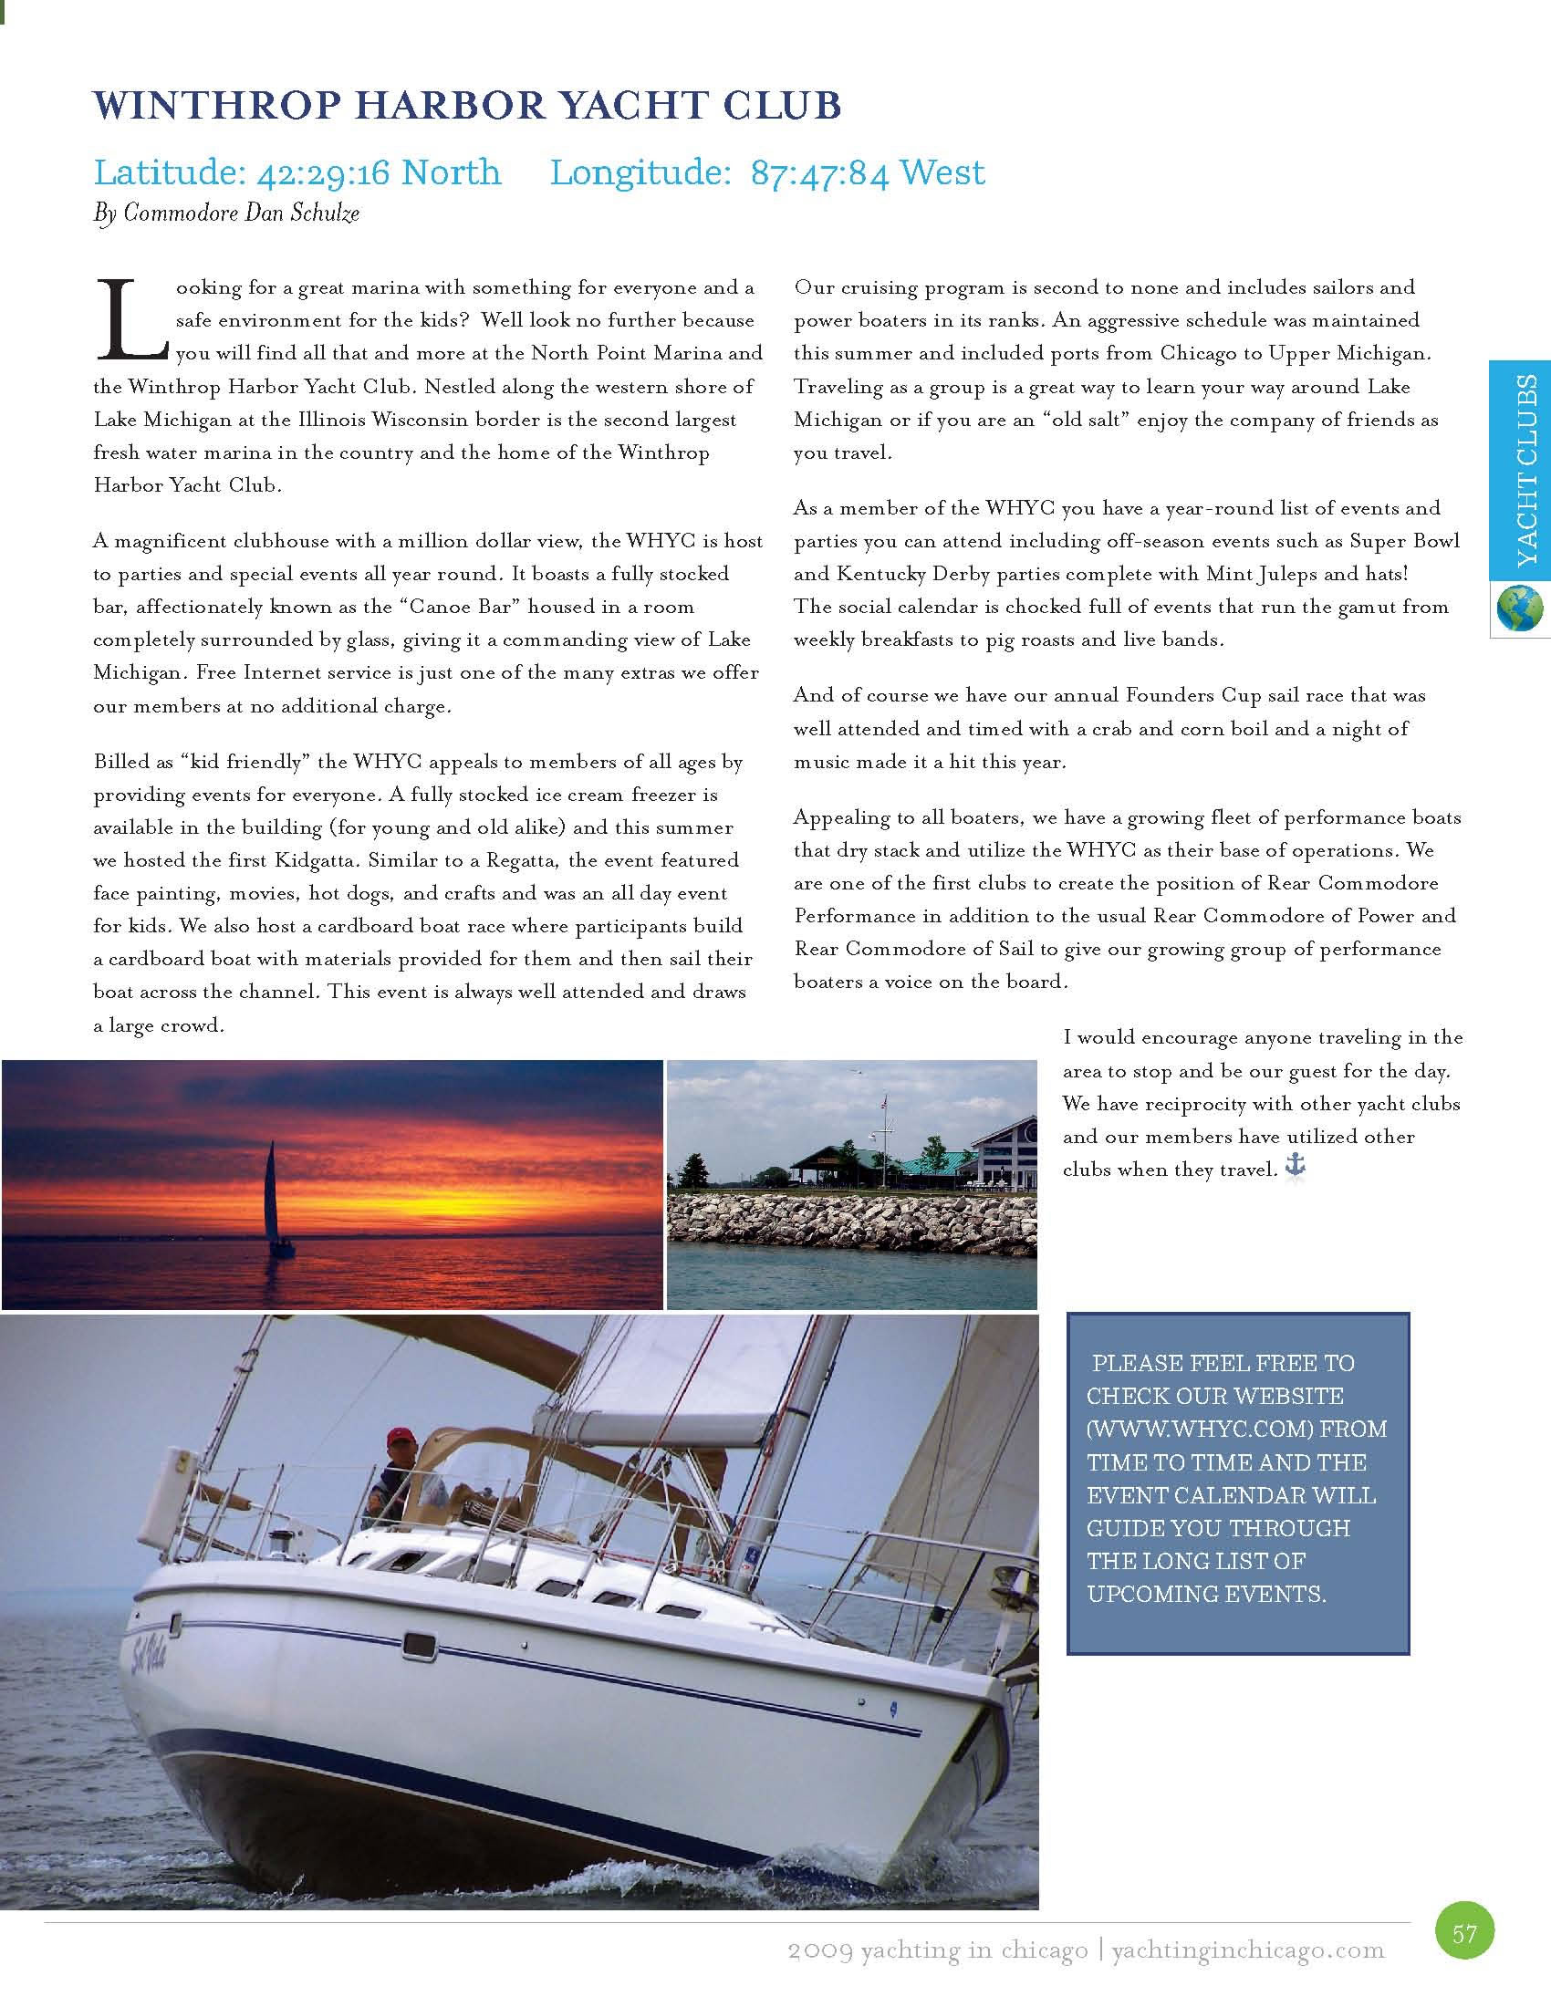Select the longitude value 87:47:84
pyautogui.click(x=818, y=172)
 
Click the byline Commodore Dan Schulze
pyautogui.click(x=241, y=213)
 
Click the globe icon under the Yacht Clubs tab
pyautogui.click(x=1520, y=609)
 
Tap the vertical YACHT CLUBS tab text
pyautogui.click(x=1526, y=470)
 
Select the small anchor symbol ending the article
pyautogui.click(x=1294, y=1168)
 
